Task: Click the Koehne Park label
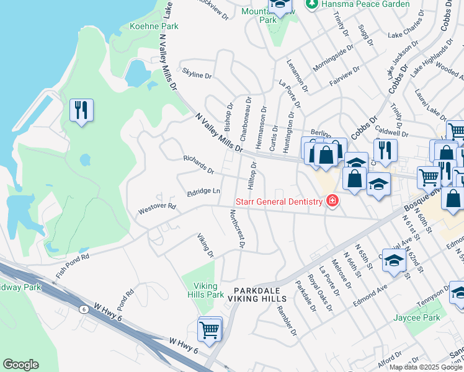click(x=153, y=26)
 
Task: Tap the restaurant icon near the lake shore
click(x=81, y=111)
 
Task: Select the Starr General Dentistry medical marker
click(x=332, y=201)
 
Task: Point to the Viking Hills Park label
click(x=206, y=290)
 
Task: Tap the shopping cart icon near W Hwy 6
click(x=210, y=329)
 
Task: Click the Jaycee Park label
click(x=417, y=318)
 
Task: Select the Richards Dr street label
click(x=199, y=164)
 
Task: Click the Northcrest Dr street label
click(x=236, y=227)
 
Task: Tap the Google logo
click(x=20, y=365)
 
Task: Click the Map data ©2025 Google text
click(x=426, y=367)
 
